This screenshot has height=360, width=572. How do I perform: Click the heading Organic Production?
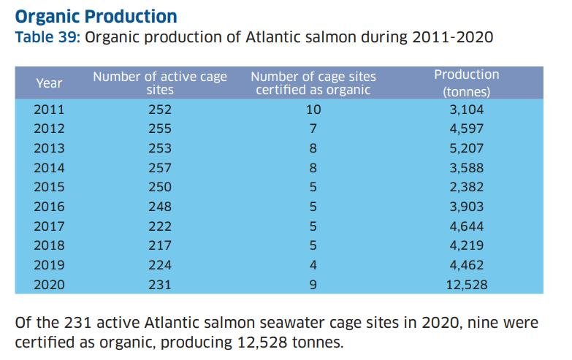click(x=96, y=15)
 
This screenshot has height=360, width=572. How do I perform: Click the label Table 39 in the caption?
click(x=47, y=37)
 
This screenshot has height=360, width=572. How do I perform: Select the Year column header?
click(x=49, y=83)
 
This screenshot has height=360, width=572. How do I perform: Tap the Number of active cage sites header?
click(x=160, y=83)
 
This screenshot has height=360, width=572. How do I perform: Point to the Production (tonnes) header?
click(x=466, y=83)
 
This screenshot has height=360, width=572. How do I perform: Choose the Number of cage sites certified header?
click(x=313, y=83)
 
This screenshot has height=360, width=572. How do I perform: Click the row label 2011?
click(x=49, y=110)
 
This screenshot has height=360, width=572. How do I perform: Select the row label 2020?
click(x=49, y=285)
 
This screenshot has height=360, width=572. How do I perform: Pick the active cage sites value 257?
click(x=160, y=168)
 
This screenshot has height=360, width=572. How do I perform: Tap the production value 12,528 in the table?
click(x=466, y=285)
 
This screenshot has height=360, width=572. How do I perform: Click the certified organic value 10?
click(x=313, y=110)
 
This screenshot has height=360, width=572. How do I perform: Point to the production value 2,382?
click(x=466, y=188)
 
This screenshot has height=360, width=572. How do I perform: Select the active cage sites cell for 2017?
click(x=160, y=226)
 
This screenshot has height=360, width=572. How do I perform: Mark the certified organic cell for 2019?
click(x=313, y=265)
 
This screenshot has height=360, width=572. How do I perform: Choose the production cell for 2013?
click(x=466, y=148)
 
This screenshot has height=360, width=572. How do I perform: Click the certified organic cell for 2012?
click(x=313, y=129)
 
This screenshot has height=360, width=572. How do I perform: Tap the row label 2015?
click(x=49, y=188)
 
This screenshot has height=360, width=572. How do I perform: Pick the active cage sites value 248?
click(x=160, y=207)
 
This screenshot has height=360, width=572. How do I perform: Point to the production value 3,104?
click(x=466, y=110)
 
